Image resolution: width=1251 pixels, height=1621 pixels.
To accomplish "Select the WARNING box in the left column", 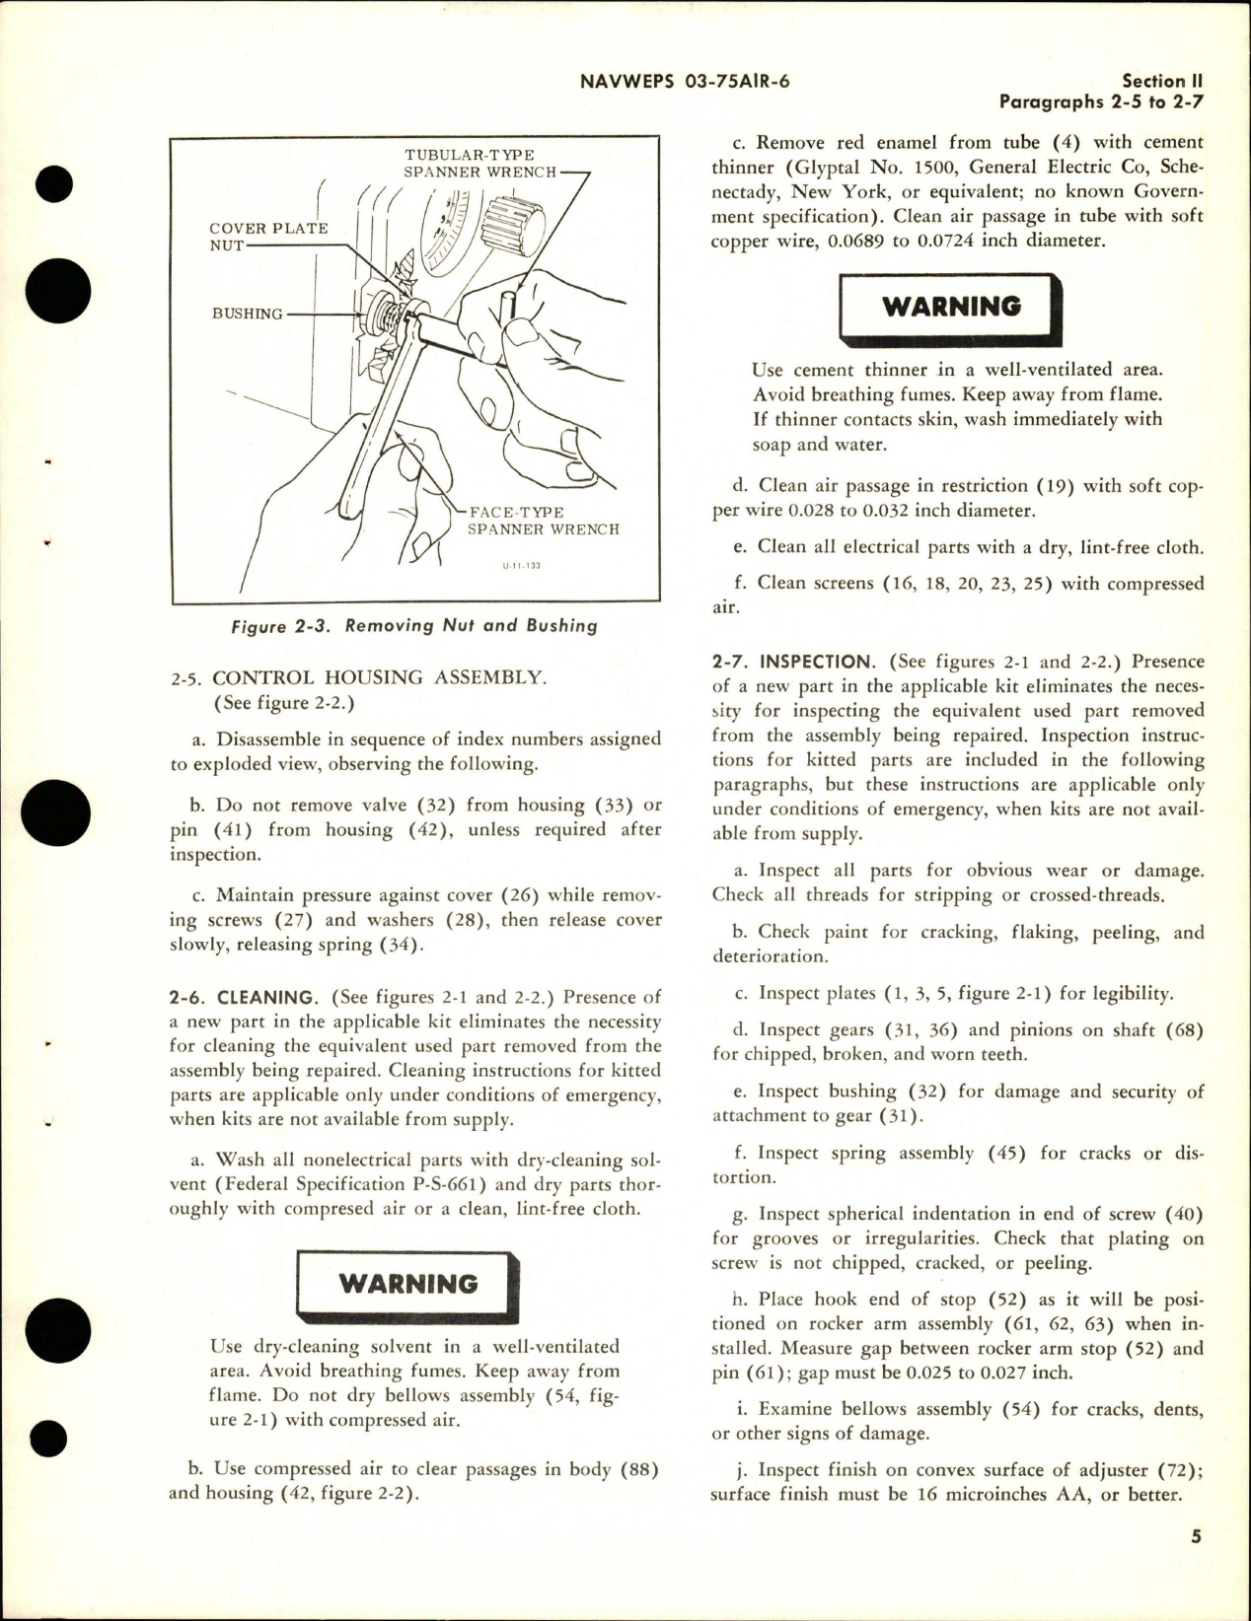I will pos(408,1284).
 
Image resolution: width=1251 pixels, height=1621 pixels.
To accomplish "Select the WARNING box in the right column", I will pos(951,306).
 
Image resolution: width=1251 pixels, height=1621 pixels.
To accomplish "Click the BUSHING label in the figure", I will pos(247,314).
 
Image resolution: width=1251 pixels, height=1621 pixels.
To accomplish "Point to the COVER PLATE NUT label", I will pos(266,236).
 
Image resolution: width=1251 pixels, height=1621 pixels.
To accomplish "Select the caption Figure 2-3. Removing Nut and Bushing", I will pos(414,625).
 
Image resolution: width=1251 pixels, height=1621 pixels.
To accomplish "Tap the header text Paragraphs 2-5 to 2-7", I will pos(1102,102).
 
